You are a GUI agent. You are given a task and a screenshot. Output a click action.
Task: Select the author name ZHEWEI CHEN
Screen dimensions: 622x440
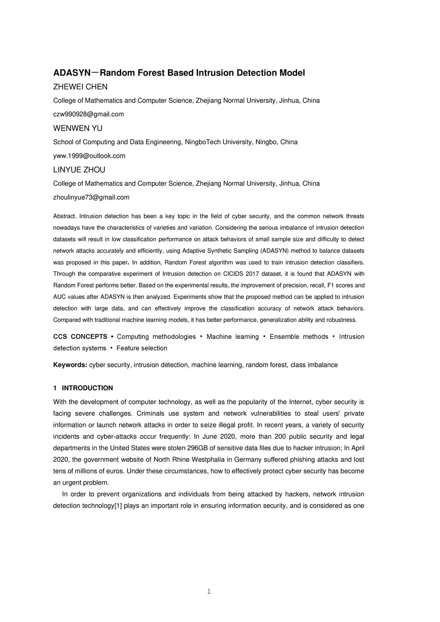(x=80, y=87)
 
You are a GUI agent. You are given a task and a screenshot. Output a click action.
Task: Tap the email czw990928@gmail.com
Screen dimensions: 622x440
(x=89, y=114)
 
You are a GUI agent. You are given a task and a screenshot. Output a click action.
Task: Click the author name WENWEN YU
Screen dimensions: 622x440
(x=78, y=128)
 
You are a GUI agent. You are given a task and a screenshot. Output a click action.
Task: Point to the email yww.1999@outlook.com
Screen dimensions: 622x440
(x=89, y=156)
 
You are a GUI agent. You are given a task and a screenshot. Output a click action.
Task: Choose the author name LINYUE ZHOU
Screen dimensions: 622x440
(x=79, y=170)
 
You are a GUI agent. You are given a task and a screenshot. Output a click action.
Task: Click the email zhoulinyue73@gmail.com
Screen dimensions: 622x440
(x=91, y=198)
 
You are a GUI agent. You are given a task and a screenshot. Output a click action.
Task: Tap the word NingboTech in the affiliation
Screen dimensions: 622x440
(x=202, y=142)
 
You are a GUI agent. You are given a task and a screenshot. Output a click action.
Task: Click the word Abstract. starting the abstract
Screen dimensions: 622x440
(x=65, y=216)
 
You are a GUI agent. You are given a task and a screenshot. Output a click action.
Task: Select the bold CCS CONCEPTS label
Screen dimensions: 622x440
(x=80, y=337)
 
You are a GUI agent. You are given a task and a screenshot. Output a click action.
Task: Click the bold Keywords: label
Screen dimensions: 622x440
(x=70, y=365)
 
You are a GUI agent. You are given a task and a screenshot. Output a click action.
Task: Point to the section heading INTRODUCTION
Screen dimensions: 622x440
(x=87, y=388)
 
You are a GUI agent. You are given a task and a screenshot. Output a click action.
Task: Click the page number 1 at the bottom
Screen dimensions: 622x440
(x=209, y=592)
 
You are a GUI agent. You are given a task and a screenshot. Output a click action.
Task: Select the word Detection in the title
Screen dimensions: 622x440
(x=257, y=73)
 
